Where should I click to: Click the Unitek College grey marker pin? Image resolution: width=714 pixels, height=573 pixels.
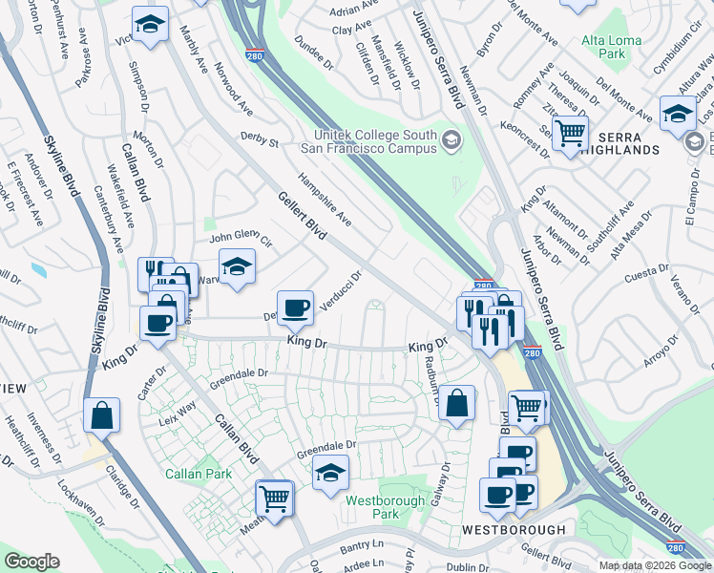point(451,143)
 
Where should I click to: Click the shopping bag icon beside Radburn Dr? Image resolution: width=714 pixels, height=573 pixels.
point(458,405)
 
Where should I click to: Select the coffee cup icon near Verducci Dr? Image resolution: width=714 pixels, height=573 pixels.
point(296,308)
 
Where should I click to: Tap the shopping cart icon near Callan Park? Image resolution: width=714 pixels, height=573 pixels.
point(275,499)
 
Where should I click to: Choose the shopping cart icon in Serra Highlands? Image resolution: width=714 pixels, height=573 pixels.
point(570,134)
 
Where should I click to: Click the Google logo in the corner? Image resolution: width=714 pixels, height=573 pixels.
point(31,562)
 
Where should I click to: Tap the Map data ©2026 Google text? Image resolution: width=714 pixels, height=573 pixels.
point(654,565)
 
